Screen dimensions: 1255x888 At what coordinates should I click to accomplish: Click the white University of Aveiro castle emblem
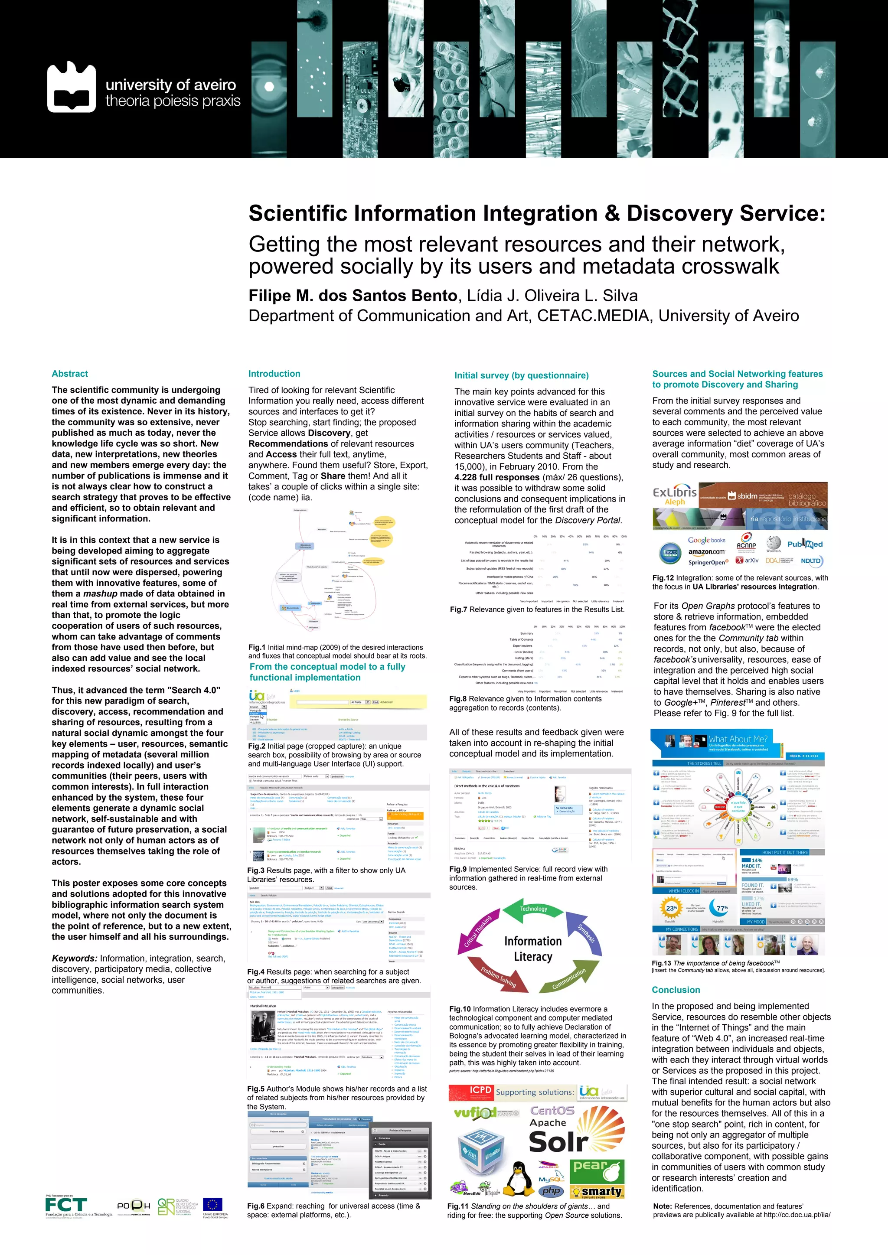click(72, 88)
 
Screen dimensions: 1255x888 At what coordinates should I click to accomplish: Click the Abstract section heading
click(69, 374)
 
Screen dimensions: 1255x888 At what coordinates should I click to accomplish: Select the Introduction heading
click(274, 374)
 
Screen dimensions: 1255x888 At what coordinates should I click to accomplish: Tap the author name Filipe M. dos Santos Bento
click(353, 296)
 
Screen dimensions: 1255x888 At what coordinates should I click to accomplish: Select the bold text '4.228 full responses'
click(497, 477)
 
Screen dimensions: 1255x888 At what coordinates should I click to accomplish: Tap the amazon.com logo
click(706, 552)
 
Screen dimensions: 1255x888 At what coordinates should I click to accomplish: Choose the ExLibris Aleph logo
click(675, 495)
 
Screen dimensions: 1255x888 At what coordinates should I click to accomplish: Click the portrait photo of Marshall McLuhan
click(262, 1026)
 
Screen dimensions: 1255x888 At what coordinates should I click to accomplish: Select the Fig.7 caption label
click(458, 610)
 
